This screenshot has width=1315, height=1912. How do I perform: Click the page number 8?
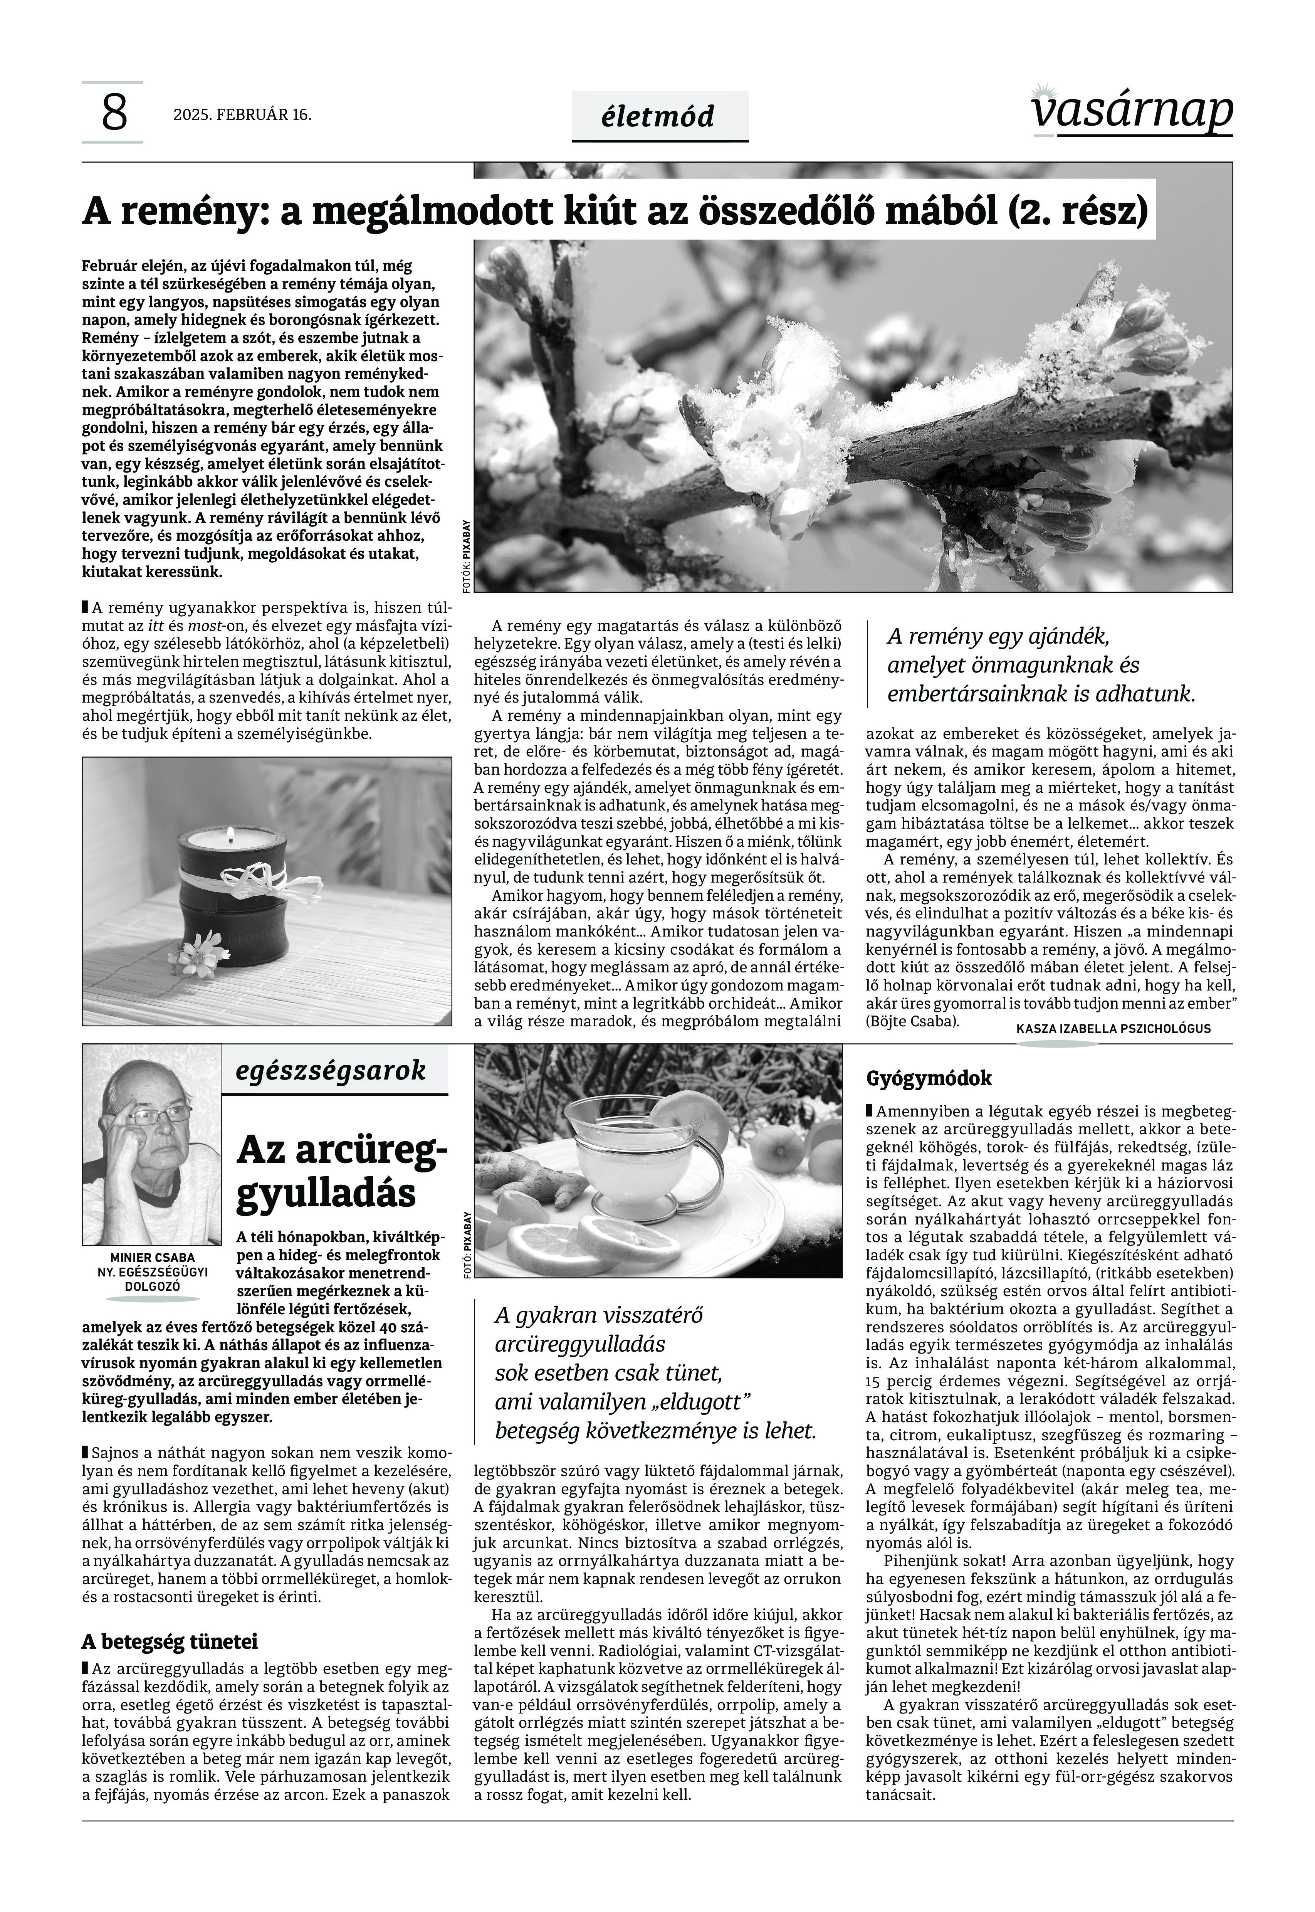coord(114,113)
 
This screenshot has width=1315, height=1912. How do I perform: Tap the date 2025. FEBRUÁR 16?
coord(242,114)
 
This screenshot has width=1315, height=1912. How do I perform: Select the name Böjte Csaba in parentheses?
coord(912,1022)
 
